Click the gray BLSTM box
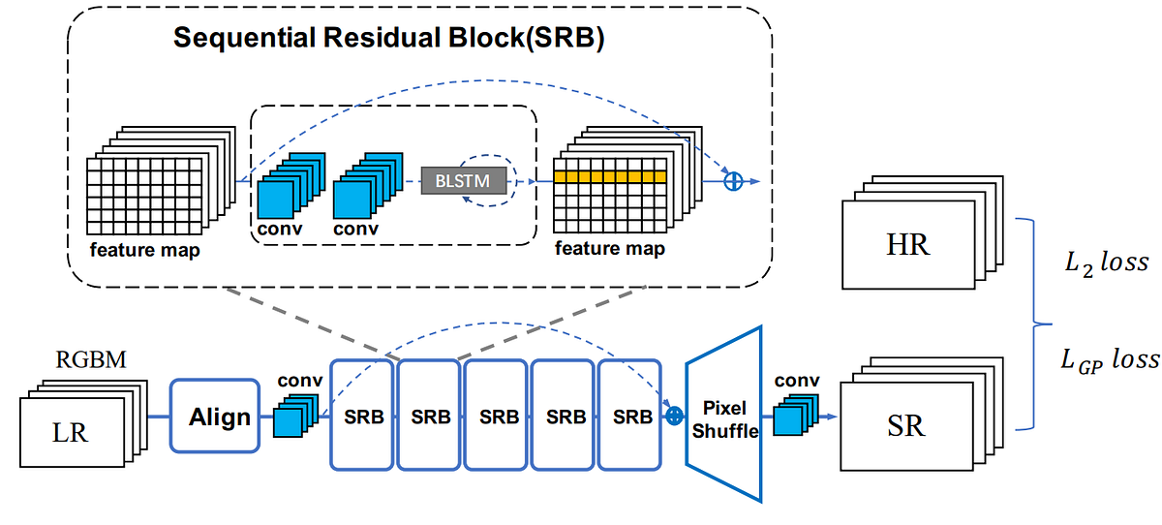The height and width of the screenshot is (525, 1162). [463, 180]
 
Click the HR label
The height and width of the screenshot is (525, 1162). [907, 245]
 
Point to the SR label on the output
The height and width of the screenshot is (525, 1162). [905, 425]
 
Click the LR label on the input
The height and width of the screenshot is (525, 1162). [71, 432]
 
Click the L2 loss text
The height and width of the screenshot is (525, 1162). [1104, 262]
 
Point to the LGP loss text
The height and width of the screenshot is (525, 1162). [1108, 359]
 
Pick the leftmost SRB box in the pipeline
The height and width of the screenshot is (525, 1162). [363, 417]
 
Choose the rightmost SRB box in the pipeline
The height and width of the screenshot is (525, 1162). [632, 417]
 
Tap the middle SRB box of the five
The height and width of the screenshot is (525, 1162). [498, 417]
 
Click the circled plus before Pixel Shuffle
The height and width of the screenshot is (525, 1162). [676, 416]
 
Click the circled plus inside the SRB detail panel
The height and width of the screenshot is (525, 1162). [733, 180]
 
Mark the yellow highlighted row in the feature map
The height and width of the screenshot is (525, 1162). [610, 177]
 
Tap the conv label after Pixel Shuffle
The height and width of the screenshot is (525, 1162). [796, 381]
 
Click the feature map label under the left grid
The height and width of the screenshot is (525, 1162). [145, 251]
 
